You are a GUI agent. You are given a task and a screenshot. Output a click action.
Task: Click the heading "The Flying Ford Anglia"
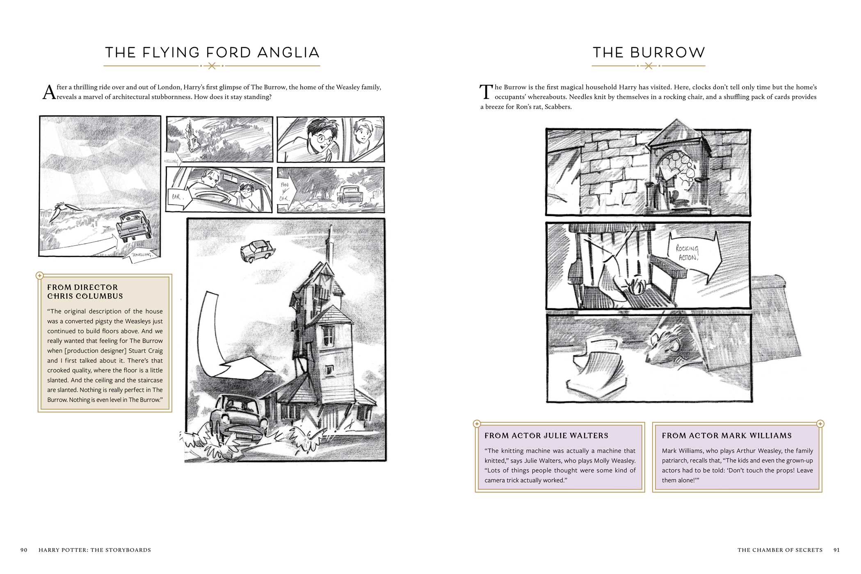click(212, 52)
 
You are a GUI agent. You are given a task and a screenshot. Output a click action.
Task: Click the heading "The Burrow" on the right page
click(649, 52)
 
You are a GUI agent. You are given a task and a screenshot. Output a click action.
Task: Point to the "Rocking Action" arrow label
click(687, 253)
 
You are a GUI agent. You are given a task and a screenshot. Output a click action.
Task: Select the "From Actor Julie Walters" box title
click(546, 436)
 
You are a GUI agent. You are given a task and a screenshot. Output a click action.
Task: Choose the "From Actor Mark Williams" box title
click(726, 436)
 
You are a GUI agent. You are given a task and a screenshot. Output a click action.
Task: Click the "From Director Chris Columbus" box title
click(85, 292)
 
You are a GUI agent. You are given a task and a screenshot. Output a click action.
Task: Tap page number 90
click(24, 550)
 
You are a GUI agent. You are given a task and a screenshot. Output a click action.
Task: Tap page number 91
click(836, 550)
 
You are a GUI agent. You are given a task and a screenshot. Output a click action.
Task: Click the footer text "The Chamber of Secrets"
click(780, 550)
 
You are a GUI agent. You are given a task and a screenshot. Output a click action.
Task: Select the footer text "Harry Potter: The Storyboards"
click(95, 550)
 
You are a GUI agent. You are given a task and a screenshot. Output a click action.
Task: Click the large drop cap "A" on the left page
click(49, 93)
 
